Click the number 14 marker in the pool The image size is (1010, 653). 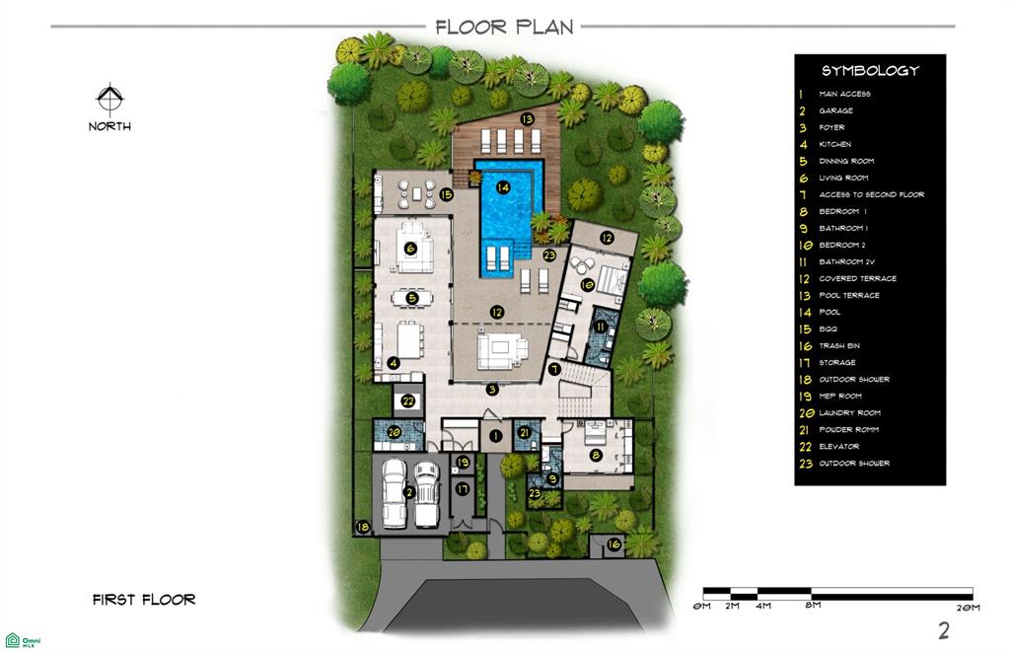[x=503, y=187]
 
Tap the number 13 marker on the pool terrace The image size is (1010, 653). [x=528, y=119]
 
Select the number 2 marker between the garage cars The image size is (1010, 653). [x=408, y=492]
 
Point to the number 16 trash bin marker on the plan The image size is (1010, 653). [x=613, y=544]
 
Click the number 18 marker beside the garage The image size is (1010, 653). [x=363, y=527]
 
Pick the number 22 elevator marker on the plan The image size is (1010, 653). [x=408, y=401]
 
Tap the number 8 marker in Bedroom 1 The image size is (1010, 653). [x=596, y=456]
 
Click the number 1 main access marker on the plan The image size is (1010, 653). [x=495, y=436]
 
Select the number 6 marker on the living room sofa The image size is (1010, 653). [x=410, y=248]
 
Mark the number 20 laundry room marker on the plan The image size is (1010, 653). [x=395, y=433]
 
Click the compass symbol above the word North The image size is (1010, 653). [x=110, y=100]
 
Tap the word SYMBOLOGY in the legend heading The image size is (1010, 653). [x=870, y=71]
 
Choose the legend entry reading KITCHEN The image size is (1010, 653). [x=834, y=144]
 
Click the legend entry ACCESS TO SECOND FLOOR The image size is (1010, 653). [x=872, y=194]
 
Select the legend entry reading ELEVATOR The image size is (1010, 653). [x=838, y=446]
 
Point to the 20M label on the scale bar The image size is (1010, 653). [x=969, y=608]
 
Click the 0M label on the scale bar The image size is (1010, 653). [x=701, y=607]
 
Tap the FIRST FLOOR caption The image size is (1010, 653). [x=144, y=600]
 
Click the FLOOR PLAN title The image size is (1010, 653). [x=504, y=27]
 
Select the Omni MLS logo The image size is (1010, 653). [x=23, y=641]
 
